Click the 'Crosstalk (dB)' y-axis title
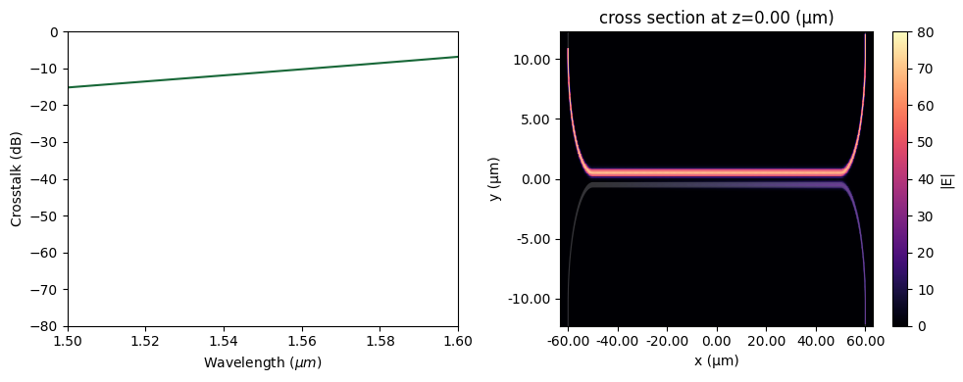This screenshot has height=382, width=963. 17,179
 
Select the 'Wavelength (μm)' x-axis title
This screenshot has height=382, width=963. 263,363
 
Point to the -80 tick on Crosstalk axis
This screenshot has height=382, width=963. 44,326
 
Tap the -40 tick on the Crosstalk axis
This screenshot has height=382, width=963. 44,179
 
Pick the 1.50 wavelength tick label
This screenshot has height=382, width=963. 67,340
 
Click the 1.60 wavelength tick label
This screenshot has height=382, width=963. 458,340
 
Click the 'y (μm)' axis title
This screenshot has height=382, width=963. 496,179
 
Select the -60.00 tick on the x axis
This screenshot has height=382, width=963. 569,340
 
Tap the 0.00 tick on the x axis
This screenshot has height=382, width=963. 717,340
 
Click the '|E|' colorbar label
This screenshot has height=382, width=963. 948,179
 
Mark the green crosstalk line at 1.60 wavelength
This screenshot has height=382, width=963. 457,57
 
